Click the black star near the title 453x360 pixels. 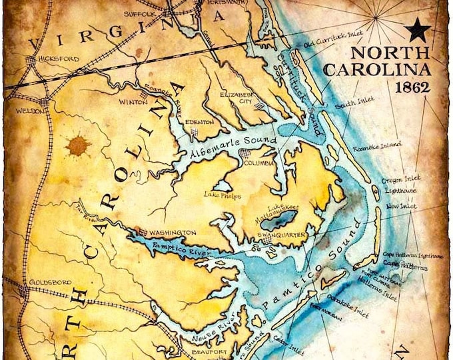[x=418, y=29]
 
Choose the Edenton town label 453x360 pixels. [x=200, y=122]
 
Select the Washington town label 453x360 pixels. [x=173, y=232]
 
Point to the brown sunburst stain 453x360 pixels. [x=78, y=145]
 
